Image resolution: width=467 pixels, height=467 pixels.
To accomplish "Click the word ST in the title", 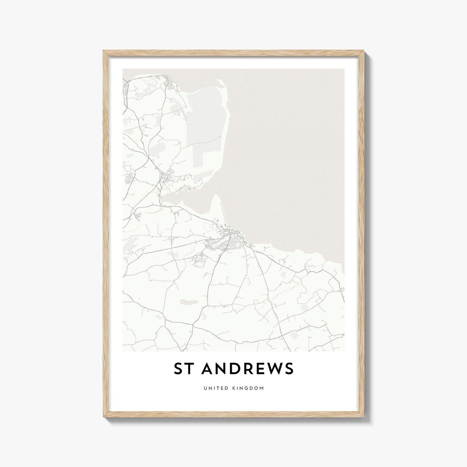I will [x=182, y=369].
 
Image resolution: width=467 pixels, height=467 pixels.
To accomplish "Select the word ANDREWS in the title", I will [x=248, y=369].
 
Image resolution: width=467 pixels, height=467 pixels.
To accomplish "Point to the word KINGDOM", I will [x=248, y=388].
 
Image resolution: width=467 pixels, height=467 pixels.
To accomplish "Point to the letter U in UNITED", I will [x=205, y=388].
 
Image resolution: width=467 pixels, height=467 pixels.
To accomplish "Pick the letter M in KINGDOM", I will [x=262, y=388].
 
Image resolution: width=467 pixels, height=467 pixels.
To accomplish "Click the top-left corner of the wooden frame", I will [x=103, y=51].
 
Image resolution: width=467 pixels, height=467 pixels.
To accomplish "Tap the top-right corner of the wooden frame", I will [x=364, y=51].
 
